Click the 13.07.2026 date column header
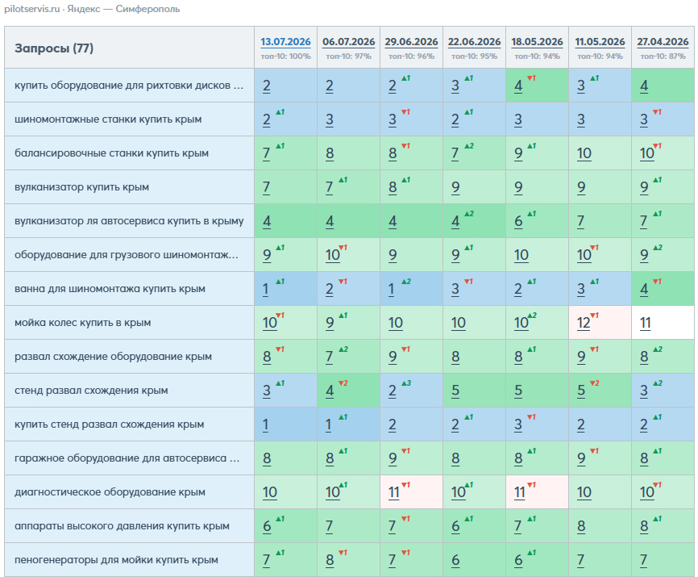pyautogui.click(x=285, y=42)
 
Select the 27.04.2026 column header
pyautogui.click(x=663, y=42)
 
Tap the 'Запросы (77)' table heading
pyautogui.click(x=54, y=48)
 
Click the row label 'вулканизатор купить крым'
pyautogui.click(x=81, y=187)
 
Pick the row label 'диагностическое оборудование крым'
pyautogui.click(x=110, y=492)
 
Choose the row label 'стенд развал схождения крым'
pyautogui.click(x=91, y=391)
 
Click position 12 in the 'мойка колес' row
pyautogui.click(x=584, y=323)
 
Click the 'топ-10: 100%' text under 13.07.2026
pyautogui.click(x=286, y=56)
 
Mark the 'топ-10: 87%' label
pyautogui.click(x=663, y=56)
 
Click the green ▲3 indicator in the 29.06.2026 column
pyautogui.click(x=406, y=383)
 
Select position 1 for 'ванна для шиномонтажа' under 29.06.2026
pyautogui.click(x=391, y=289)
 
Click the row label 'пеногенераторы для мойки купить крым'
pyautogui.click(x=116, y=559)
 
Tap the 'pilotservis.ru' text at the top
pyautogui.click(x=32, y=9)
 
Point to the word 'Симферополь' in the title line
pyautogui.click(x=147, y=9)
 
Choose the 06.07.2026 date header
pyautogui.click(x=348, y=42)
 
